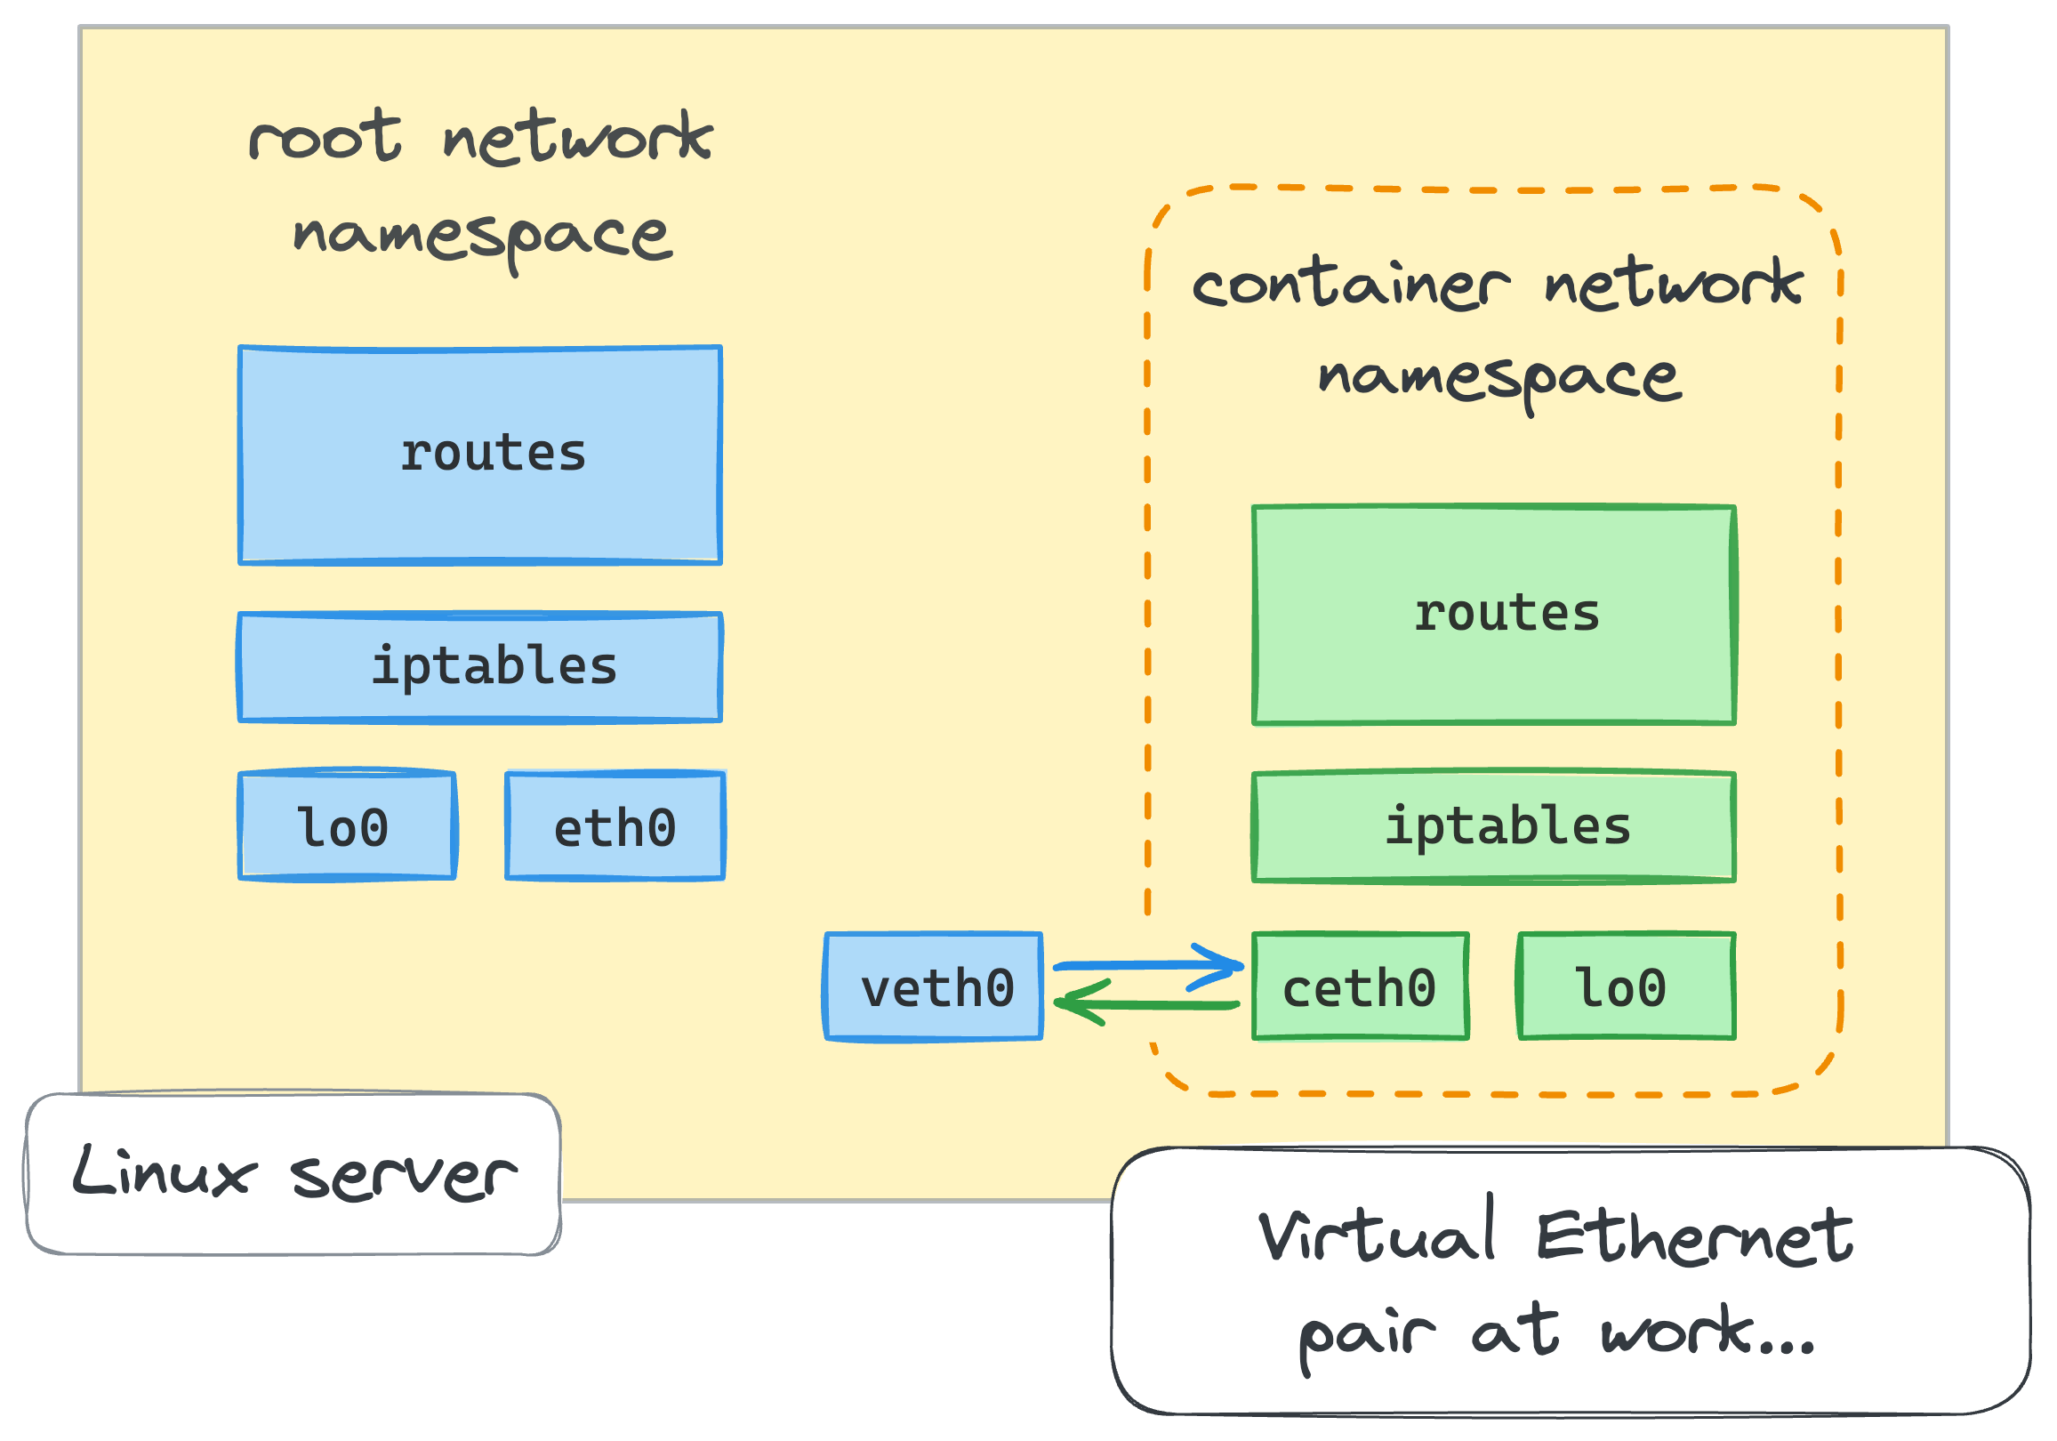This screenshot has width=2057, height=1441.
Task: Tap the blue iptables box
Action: point(480,668)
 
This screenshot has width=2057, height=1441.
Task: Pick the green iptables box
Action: point(1493,827)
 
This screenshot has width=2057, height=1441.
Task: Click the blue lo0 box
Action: point(348,826)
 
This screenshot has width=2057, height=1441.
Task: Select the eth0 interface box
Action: point(615,826)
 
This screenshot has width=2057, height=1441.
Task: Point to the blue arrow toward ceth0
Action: point(1146,966)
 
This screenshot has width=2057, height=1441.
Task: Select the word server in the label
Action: point(403,1176)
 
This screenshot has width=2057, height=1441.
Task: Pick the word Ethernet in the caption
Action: point(1693,1236)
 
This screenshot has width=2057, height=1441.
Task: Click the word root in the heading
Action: point(325,139)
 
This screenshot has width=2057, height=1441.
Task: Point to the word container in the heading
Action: point(1351,285)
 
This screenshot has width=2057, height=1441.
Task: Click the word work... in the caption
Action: point(1707,1332)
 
